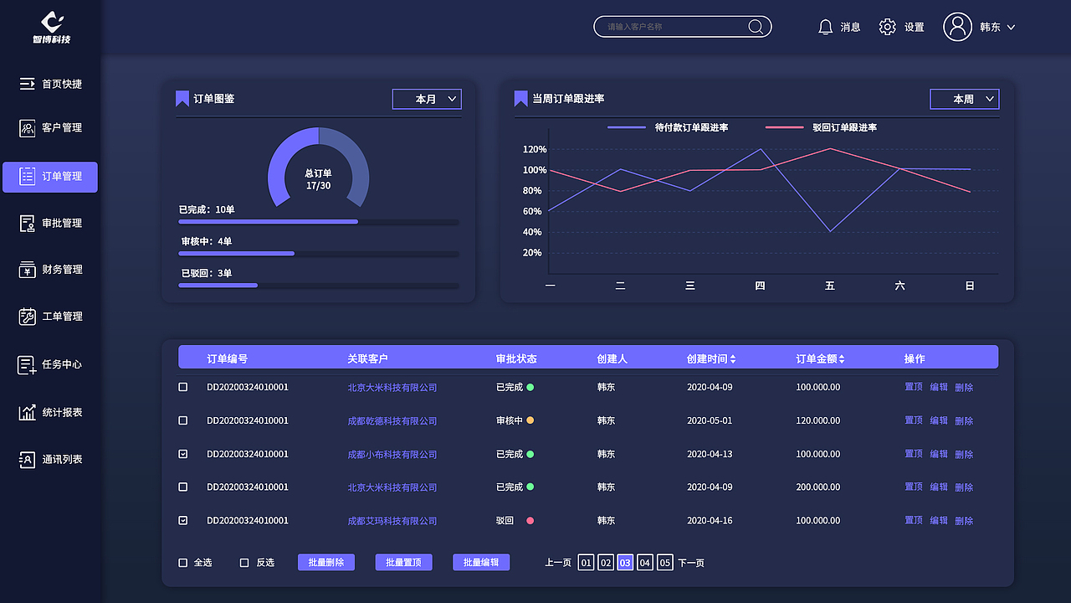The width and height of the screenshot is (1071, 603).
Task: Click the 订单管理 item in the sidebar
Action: click(x=50, y=177)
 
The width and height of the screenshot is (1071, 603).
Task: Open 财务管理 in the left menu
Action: click(x=50, y=270)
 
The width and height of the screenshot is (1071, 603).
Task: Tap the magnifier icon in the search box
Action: click(x=756, y=27)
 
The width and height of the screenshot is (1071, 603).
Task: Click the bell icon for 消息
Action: click(x=826, y=27)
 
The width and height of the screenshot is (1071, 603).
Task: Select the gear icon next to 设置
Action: click(x=887, y=27)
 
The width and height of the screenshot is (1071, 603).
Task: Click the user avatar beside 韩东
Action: click(x=957, y=27)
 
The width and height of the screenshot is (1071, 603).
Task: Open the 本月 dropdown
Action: click(x=427, y=99)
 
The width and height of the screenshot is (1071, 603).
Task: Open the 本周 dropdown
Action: click(x=965, y=99)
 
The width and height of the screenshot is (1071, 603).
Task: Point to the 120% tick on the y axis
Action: click(x=534, y=149)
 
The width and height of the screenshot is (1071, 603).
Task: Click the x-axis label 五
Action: click(x=830, y=286)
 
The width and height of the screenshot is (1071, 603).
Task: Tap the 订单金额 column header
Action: click(x=820, y=358)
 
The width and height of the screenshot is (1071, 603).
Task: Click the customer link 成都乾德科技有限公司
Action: click(x=392, y=420)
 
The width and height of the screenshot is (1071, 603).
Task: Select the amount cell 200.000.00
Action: click(x=817, y=487)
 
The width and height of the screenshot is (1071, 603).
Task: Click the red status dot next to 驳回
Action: click(x=530, y=521)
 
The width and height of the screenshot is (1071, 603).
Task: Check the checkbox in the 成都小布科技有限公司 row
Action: click(x=183, y=454)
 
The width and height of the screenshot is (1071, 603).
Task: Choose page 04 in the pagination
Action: click(x=644, y=563)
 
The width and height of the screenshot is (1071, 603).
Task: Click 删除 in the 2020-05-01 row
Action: click(x=964, y=420)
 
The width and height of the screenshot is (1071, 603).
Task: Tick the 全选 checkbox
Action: click(x=183, y=563)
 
